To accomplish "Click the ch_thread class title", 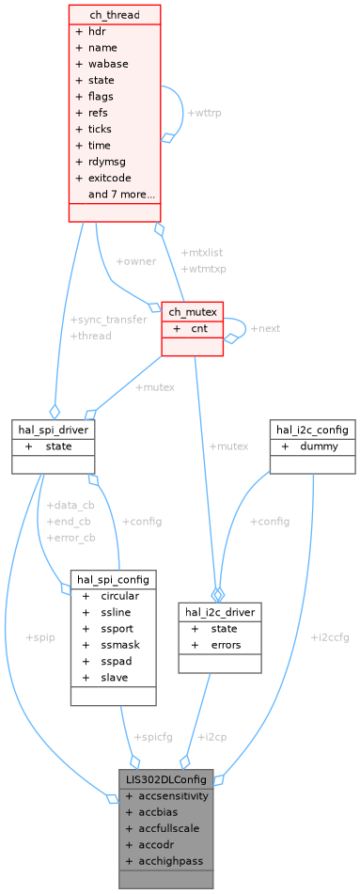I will click(x=115, y=14).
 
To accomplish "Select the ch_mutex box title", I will click(x=193, y=312).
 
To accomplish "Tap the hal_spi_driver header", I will click(x=54, y=430).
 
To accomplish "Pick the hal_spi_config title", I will click(x=113, y=579).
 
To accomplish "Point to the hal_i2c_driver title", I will click(x=219, y=611).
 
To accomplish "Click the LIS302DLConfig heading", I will click(x=165, y=778).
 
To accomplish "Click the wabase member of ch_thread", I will click(x=108, y=64).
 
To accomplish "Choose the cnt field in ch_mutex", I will click(x=199, y=329).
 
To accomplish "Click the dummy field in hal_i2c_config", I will click(x=319, y=447).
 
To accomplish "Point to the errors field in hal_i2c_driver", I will click(x=226, y=645).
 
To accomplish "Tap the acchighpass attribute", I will click(x=164, y=861).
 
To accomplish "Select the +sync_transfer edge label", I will click(x=108, y=320).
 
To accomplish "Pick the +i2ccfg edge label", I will click(x=329, y=636).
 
